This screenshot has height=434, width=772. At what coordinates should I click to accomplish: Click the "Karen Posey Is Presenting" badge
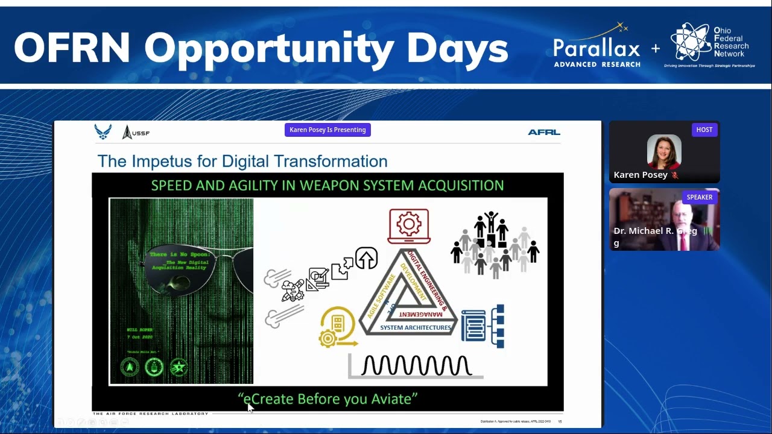(327, 130)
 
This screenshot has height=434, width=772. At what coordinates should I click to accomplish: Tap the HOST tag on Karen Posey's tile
(704, 130)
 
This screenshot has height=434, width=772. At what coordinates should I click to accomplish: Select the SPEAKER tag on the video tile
(699, 197)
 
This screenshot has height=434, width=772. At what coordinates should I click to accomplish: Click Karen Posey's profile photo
(664, 151)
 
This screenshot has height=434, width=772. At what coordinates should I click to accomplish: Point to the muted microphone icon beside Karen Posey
(675, 175)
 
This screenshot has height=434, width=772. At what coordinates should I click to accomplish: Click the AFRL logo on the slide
(543, 132)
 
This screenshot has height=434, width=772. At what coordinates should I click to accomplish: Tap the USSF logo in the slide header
(136, 133)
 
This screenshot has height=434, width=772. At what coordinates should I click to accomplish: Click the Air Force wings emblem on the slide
(103, 132)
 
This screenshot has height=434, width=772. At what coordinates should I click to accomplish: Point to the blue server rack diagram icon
(482, 326)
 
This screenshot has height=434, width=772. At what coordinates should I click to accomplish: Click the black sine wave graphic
(416, 365)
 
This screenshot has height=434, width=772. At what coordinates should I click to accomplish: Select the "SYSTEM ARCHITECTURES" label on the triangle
(415, 328)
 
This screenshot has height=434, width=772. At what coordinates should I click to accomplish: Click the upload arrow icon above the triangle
(366, 258)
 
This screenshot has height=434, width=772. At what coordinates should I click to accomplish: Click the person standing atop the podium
(491, 221)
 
